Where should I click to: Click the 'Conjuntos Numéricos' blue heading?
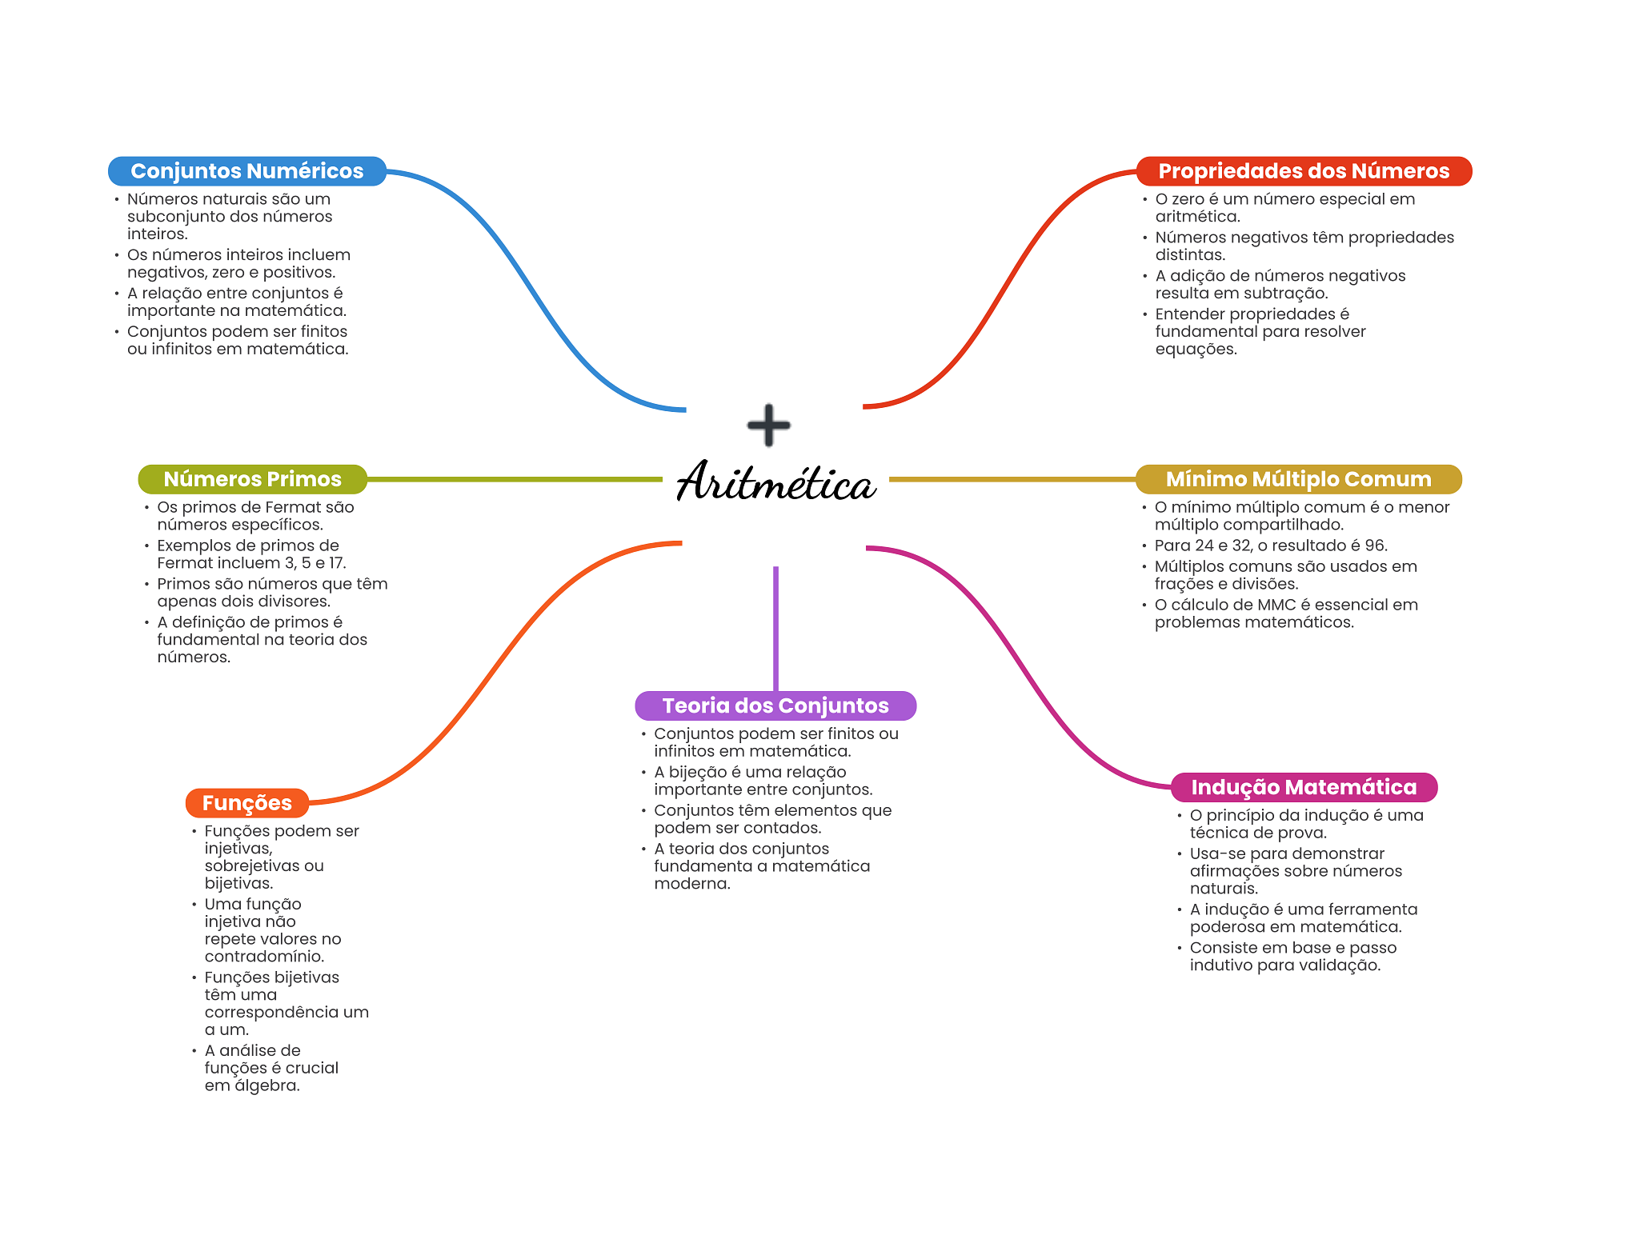(246, 171)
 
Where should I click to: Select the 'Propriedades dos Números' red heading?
(1303, 171)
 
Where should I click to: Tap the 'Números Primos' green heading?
(252, 479)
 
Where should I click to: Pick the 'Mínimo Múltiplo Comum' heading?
(1298, 479)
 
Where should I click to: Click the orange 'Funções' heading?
(246, 803)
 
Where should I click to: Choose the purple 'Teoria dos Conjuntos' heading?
(775, 705)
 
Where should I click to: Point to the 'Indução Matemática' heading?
(1303, 787)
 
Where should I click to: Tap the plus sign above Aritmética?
(768, 425)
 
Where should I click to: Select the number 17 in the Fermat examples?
(336, 563)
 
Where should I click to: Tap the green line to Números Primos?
(512, 479)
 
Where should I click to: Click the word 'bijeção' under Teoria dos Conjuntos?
(697, 772)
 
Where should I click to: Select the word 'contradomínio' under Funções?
(264, 957)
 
